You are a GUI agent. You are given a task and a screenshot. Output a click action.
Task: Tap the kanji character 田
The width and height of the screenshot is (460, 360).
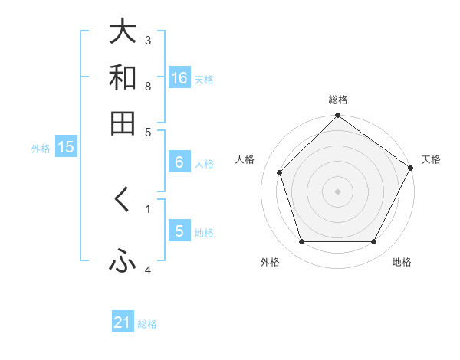click(123, 123)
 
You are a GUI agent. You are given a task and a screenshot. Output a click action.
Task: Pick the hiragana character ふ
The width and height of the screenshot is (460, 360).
click(123, 262)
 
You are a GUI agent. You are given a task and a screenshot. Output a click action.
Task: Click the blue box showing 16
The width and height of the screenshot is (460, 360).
click(179, 78)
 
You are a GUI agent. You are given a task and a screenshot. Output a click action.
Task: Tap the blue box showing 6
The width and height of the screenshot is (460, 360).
click(179, 162)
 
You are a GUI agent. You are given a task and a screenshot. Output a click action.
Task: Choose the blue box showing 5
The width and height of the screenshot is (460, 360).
click(179, 231)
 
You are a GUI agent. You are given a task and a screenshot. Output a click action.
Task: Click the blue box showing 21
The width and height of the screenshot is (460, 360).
click(123, 323)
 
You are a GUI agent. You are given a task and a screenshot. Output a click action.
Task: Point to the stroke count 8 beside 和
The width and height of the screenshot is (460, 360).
click(148, 86)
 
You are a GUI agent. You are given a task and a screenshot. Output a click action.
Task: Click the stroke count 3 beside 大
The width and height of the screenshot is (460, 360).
click(148, 40)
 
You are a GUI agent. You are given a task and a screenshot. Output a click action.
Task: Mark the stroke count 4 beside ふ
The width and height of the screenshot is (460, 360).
click(148, 270)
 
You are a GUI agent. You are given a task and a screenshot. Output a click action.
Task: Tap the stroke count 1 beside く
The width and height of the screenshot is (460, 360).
click(148, 208)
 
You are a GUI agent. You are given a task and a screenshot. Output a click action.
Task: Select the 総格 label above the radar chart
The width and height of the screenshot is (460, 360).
click(337, 100)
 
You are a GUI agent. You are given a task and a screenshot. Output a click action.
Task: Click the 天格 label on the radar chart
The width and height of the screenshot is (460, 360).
click(431, 159)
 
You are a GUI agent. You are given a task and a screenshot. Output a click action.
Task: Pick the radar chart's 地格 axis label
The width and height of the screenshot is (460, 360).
click(402, 262)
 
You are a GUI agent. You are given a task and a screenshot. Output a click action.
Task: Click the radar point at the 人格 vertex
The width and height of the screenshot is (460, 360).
click(279, 172)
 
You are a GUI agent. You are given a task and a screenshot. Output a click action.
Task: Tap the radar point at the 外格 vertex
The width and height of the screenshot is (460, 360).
click(301, 242)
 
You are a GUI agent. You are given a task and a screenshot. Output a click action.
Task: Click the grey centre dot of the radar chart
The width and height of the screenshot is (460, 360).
click(337, 191)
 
